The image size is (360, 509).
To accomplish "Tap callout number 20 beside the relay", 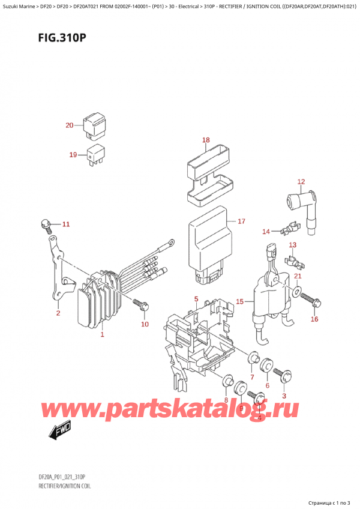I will click(x=70, y=125).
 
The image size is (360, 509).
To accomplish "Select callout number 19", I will click(x=73, y=155).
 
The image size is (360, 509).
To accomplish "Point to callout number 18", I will click(x=206, y=140).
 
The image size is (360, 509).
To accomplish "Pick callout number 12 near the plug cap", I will click(x=301, y=181).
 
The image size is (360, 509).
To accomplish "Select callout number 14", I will click(x=266, y=231).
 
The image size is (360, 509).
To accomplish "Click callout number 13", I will click(x=292, y=245).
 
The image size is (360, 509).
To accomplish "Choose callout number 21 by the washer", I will click(x=298, y=276).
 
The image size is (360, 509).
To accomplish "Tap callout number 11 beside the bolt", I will click(x=66, y=224).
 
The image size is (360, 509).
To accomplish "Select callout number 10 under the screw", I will click(x=144, y=325).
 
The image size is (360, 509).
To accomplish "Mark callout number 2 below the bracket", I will click(x=58, y=313).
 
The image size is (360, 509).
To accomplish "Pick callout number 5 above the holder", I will click(x=196, y=299).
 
